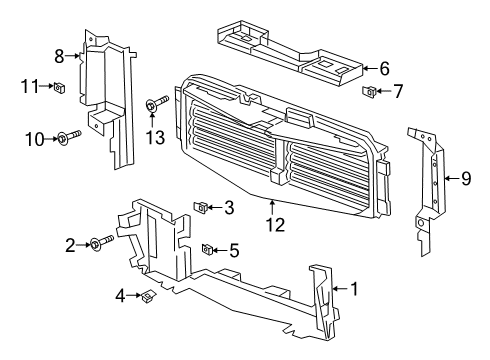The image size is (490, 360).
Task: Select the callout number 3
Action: point(229,208)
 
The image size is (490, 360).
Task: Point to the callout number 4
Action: point(119,295)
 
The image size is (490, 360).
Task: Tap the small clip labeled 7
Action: point(369,93)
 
